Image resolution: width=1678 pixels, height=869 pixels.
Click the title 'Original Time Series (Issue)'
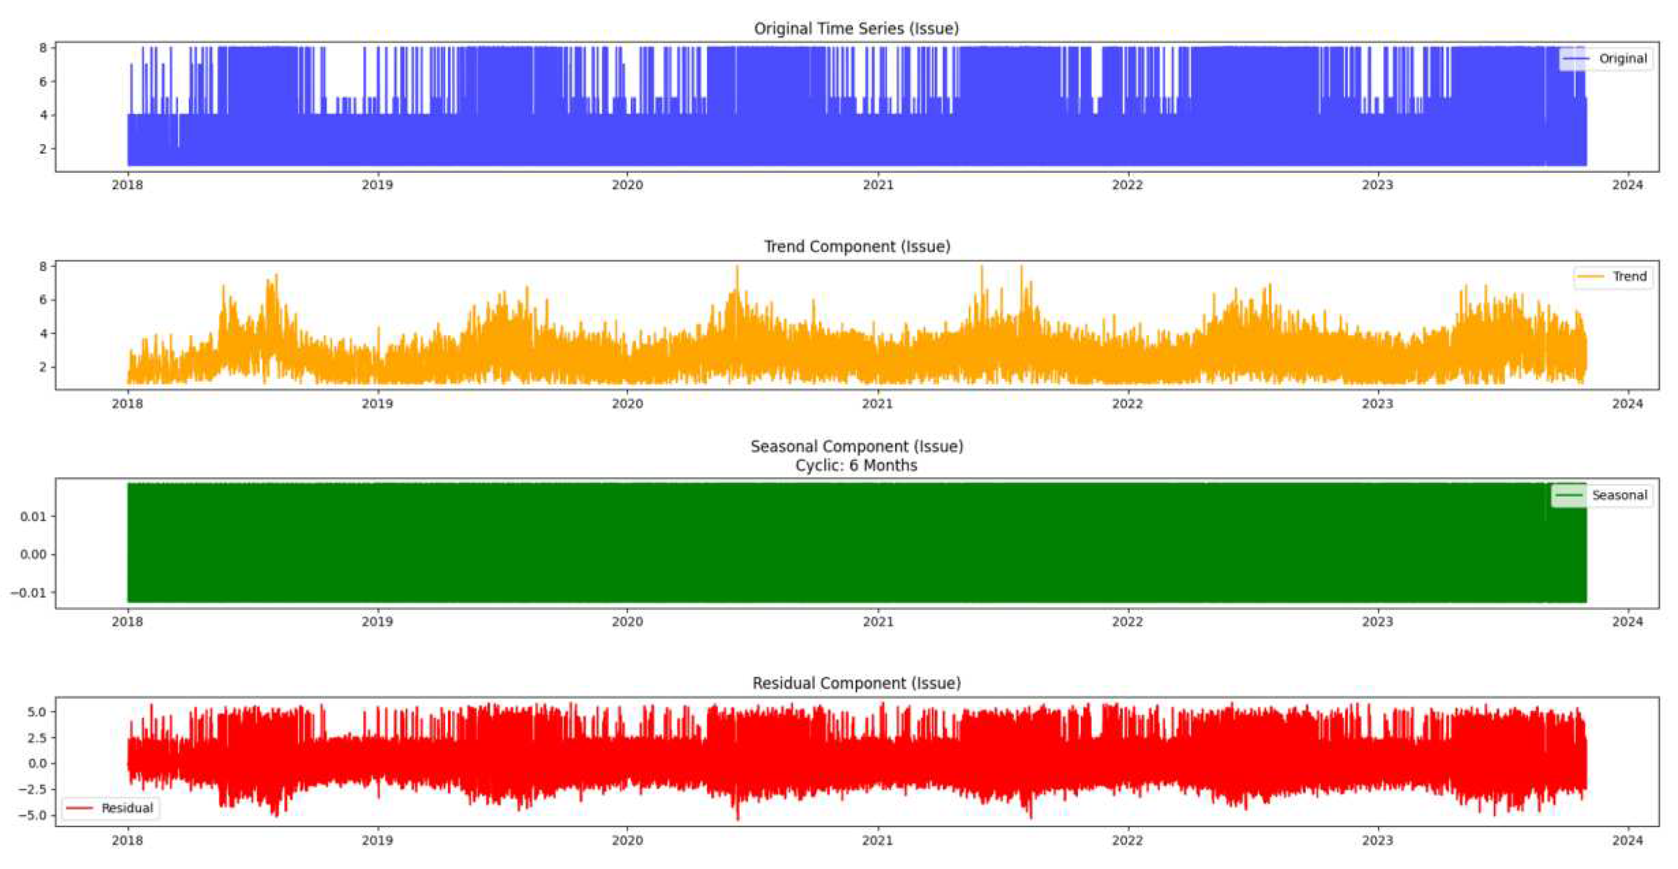coord(856,29)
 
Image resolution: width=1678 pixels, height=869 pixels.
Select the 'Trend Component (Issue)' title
coord(857,247)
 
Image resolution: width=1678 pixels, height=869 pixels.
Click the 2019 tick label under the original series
coord(377,185)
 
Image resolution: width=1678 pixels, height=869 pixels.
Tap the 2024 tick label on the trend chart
coord(1627,404)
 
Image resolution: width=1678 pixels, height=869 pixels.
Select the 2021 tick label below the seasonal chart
coord(878,622)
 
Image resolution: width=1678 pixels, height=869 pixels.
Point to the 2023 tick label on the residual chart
coord(1377,841)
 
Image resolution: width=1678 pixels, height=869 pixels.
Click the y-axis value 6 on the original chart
coord(43,81)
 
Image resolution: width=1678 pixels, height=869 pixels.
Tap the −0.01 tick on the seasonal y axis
coord(29,593)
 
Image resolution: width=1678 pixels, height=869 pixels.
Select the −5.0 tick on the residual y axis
coord(33,815)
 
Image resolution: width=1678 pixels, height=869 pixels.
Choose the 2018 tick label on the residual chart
coord(127,841)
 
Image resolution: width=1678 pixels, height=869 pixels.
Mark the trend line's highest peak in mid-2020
coord(737,268)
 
